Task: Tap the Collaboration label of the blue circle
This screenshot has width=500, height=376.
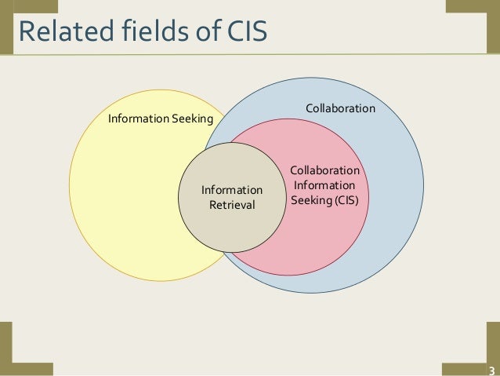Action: [x=340, y=108]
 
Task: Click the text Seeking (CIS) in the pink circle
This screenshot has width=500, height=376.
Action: [x=324, y=200]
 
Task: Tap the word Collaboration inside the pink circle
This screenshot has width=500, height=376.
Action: [x=324, y=170]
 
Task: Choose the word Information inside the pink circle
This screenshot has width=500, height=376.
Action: [x=324, y=185]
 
